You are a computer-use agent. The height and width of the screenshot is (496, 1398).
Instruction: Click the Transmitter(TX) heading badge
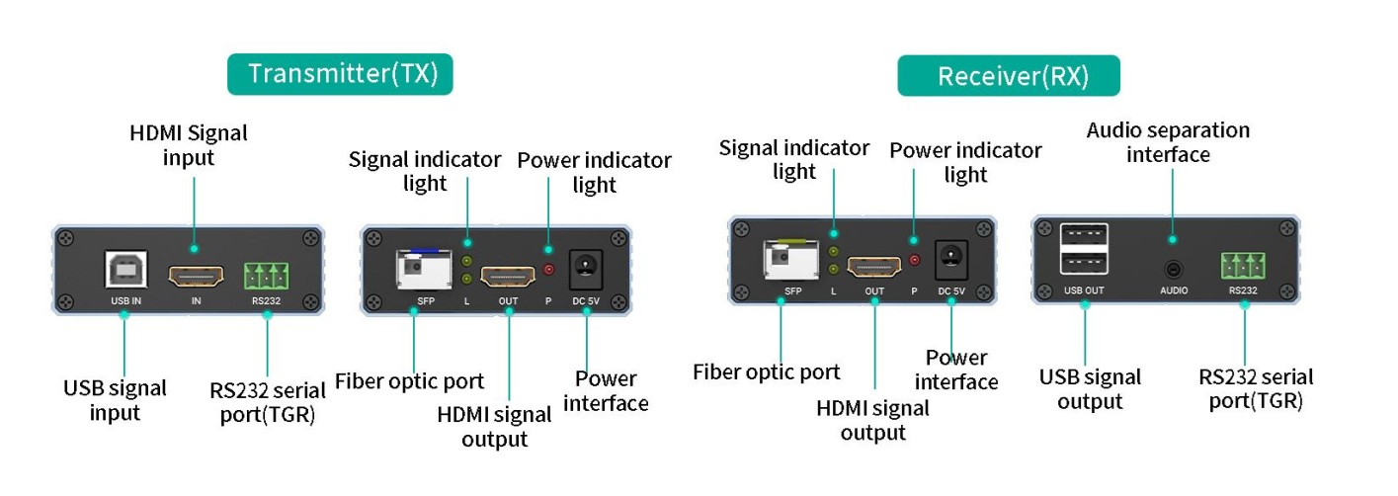point(340,74)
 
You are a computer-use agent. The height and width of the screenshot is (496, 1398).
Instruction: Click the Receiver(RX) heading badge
point(1008,76)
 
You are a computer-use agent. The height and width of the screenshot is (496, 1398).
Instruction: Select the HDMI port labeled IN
point(196,273)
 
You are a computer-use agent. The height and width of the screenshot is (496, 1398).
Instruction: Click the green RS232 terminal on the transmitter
point(267,273)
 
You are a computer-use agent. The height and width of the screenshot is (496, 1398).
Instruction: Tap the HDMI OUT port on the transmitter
point(508,272)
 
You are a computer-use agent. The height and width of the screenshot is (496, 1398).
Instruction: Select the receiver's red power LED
point(915,261)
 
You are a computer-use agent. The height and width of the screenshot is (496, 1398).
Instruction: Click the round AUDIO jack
point(1173,268)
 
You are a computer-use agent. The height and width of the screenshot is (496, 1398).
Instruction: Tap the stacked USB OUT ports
point(1084,250)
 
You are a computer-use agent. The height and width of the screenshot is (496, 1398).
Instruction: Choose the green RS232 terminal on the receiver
point(1243,266)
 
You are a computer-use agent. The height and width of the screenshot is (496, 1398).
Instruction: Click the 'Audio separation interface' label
point(1168,142)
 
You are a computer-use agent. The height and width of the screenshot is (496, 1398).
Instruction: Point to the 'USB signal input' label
point(115,399)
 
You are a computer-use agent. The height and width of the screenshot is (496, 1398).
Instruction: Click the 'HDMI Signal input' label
point(189,144)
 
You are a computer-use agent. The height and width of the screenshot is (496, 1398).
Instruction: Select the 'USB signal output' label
point(1090,388)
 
